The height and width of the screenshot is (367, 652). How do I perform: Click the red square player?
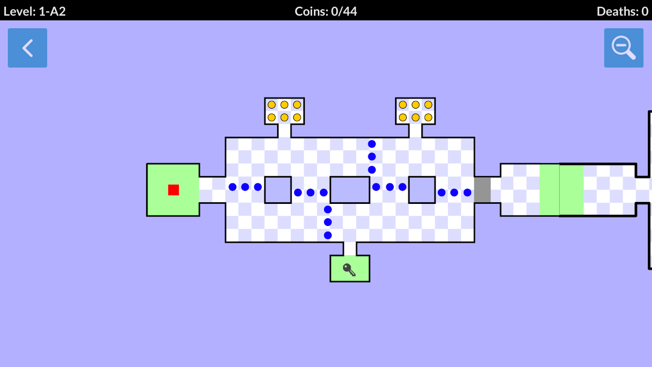coord(174,190)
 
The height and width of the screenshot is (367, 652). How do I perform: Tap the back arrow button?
coord(27,48)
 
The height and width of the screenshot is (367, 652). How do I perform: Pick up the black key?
coord(349,270)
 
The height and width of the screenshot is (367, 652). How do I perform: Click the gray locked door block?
coord(482,190)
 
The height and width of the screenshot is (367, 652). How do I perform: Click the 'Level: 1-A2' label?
coord(35,11)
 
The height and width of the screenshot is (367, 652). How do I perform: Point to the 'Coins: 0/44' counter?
coord(326,11)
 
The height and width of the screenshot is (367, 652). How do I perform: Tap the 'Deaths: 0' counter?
coord(622,11)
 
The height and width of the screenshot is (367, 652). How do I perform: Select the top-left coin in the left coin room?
coord(272,105)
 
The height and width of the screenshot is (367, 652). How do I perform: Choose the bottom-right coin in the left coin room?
coord(297,117)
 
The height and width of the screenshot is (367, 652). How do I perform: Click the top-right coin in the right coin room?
coord(428,105)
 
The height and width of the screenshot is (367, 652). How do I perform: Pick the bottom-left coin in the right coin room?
coord(403,117)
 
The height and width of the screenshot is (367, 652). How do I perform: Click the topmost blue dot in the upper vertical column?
coord(372,144)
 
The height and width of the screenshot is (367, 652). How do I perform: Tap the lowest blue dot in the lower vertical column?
coord(328,235)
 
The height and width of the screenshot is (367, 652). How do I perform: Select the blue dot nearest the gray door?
coord(467,192)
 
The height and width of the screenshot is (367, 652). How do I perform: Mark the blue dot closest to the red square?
coord(233,187)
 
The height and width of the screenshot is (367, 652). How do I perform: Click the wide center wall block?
coord(350,190)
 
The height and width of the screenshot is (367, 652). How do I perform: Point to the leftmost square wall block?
coord(278,190)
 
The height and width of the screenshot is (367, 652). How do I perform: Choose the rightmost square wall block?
coord(422,190)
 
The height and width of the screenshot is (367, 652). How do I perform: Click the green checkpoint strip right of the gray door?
coord(562,190)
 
